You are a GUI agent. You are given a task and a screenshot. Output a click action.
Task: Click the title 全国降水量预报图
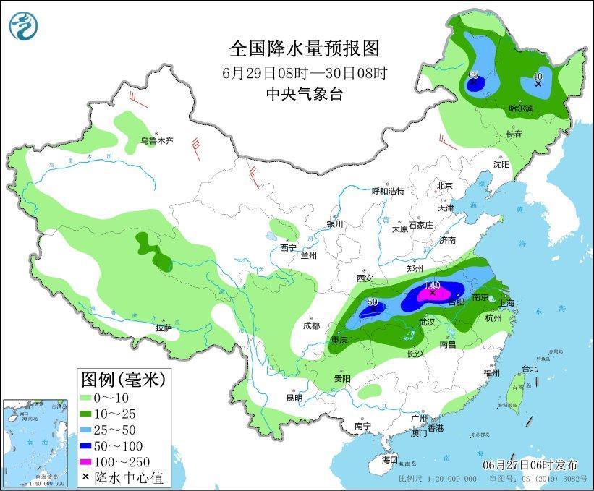point(304,48)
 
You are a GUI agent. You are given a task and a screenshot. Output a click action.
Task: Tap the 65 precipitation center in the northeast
point(474,75)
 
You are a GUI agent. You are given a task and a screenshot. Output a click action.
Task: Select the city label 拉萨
point(164,328)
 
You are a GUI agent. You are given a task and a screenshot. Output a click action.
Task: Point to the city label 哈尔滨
point(520,108)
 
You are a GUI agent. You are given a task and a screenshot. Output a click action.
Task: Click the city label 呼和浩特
point(388,191)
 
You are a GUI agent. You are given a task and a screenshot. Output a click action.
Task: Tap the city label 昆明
point(294,397)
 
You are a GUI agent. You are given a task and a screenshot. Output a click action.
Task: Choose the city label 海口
point(390,459)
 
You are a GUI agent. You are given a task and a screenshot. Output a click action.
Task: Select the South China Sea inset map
point(35,441)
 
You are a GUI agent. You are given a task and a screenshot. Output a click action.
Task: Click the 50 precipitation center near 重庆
point(373,303)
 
